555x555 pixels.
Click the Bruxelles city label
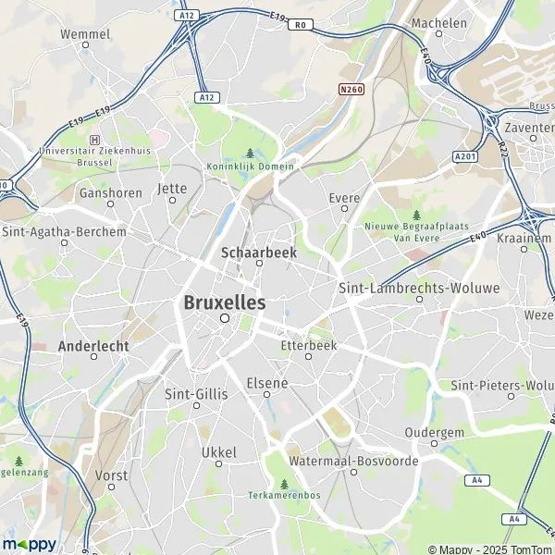click(224, 302)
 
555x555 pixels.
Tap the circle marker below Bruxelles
click(224, 318)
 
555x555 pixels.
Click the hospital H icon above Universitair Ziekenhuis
click(92, 139)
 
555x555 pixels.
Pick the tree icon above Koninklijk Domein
click(250, 154)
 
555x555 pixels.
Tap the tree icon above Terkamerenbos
click(284, 483)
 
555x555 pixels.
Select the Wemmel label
click(85, 34)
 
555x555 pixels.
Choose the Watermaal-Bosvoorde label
click(353, 460)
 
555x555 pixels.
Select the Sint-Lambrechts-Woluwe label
click(419, 288)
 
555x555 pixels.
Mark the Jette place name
click(172, 188)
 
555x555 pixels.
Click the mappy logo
click(30, 544)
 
